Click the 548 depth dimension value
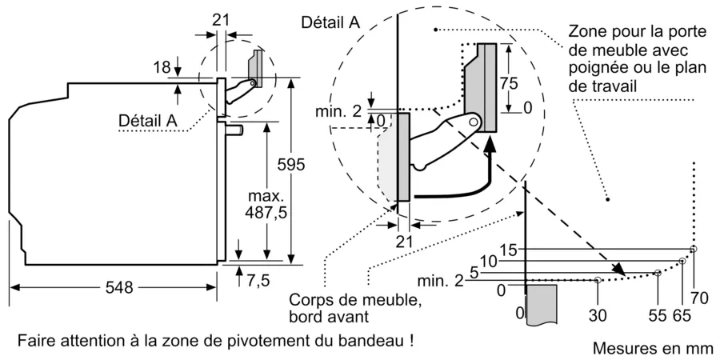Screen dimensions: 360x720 (x=120, y=287)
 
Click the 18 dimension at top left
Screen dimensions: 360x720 (x=161, y=69)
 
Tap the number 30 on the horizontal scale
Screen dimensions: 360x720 (x=597, y=315)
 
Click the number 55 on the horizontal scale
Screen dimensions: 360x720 (x=658, y=315)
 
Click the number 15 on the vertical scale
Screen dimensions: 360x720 (x=509, y=249)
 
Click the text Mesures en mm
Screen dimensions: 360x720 (x=652, y=349)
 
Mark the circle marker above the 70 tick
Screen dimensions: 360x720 (x=694, y=249)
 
